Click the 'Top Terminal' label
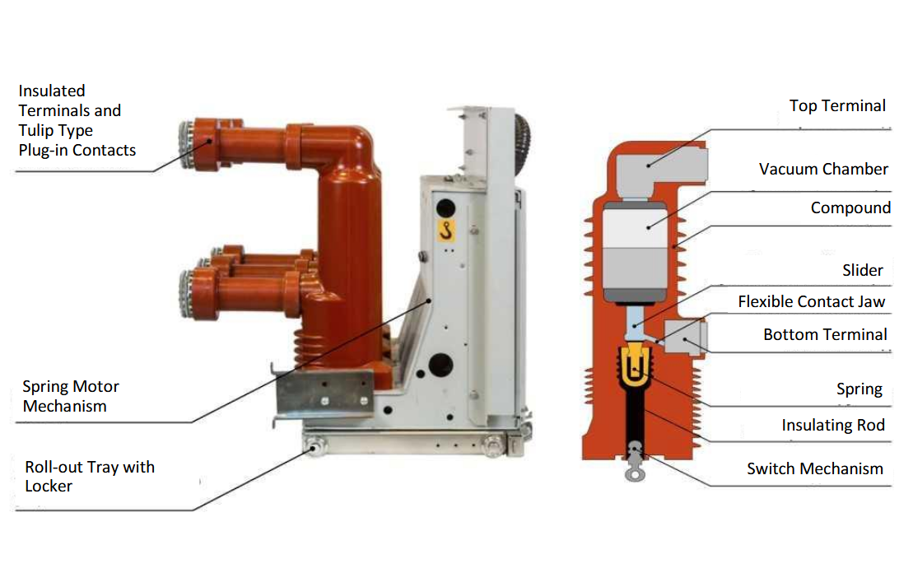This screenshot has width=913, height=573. (837, 106)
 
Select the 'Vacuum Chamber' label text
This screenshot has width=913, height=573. (823, 169)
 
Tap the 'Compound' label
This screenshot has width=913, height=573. (850, 208)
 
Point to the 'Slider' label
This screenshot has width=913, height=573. (862, 270)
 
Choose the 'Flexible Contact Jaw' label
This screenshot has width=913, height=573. (811, 301)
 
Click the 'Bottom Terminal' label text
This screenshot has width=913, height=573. (825, 334)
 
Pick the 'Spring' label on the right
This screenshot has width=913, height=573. (859, 389)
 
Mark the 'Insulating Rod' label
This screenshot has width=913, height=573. (833, 425)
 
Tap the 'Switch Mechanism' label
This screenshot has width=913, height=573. (814, 468)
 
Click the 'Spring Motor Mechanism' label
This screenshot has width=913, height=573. (71, 396)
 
